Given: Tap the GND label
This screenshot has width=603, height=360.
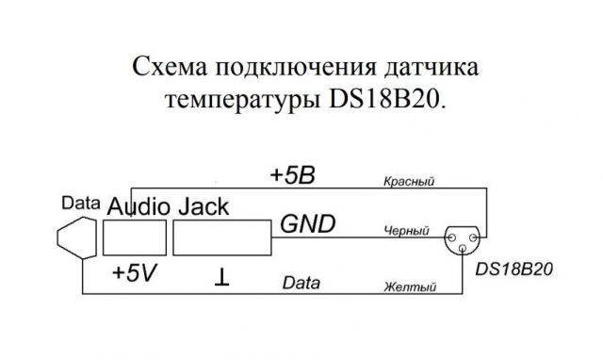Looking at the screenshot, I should tap(306, 226).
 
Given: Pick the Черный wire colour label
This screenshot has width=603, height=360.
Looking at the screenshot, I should tap(406, 230).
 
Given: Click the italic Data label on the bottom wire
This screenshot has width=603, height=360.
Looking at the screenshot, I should tap(301, 282).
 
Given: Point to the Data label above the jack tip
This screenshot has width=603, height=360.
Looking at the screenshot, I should tap(79, 203).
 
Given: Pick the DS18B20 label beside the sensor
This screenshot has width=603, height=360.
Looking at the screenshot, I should tap(513, 269).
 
